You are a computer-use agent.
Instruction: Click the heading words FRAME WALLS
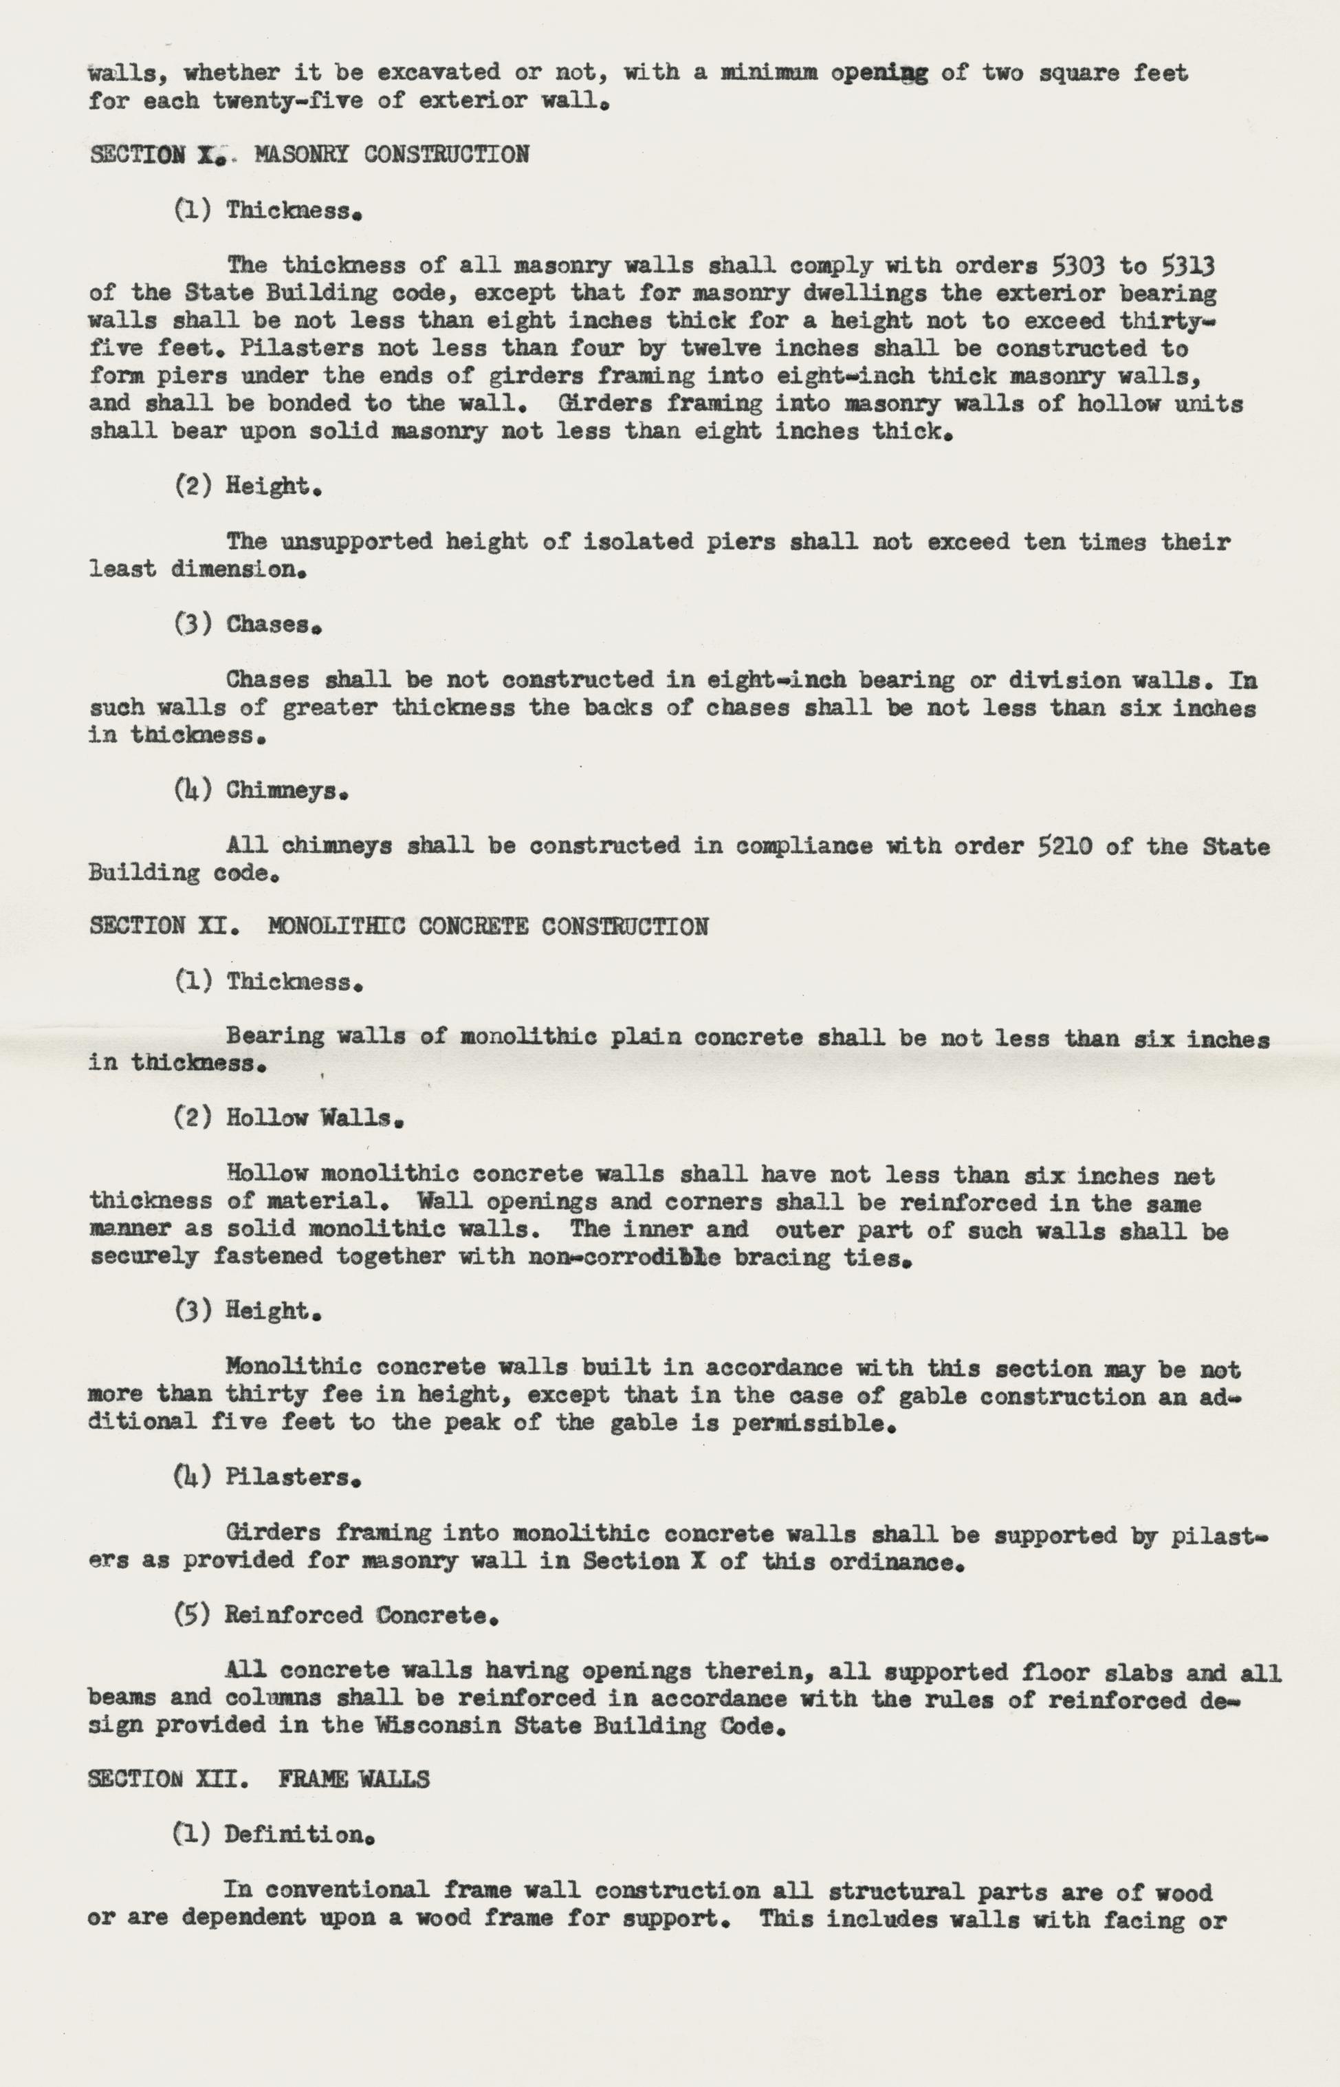point(353,1780)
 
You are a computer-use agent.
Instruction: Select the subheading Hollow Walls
point(314,1118)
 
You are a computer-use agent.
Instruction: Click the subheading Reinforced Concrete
point(361,1615)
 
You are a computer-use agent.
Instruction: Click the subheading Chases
point(273,624)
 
